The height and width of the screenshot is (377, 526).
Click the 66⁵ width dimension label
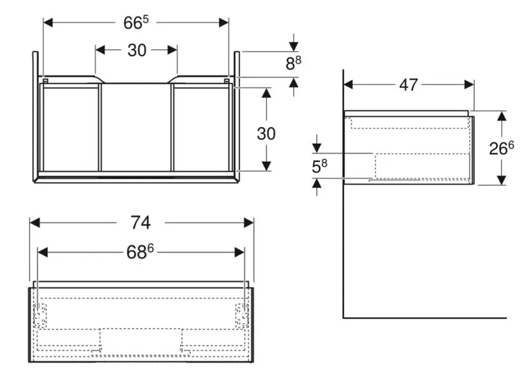tap(136, 22)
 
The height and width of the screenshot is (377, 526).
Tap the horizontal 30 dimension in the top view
tap(136, 50)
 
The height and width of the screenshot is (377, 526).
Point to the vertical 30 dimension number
tap(266, 133)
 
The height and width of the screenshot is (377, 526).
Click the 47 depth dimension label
tap(408, 85)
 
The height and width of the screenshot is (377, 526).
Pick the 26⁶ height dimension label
tap(501, 148)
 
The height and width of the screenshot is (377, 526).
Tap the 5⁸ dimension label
tap(320, 166)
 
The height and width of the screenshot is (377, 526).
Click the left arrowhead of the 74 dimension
tap(34, 223)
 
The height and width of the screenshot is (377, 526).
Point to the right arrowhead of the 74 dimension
tap(250, 223)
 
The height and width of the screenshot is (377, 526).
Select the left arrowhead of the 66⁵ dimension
tap(48, 22)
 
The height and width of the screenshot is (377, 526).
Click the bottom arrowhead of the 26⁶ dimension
tap(501, 180)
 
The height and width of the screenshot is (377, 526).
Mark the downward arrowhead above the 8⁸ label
tap(293, 46)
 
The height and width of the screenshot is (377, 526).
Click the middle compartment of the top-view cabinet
tap(136, 127)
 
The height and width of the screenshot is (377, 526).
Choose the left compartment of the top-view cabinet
tap(69, 127)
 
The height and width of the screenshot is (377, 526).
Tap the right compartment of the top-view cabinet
tap(201, 127)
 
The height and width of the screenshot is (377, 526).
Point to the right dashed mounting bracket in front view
tap(242, 315)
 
